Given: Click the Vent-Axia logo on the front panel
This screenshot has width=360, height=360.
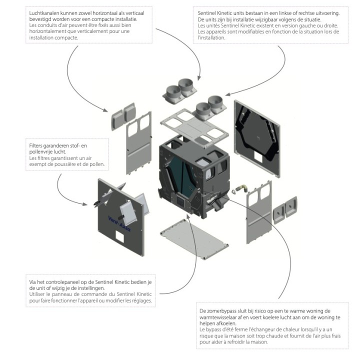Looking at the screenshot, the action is [x=119, y=223].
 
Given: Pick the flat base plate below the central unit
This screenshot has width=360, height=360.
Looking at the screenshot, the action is [x=194, y=239].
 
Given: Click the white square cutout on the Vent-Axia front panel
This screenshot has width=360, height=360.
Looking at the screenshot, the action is [x=119, y=236].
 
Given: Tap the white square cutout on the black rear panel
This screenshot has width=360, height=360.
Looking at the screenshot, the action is [x=258, y=158].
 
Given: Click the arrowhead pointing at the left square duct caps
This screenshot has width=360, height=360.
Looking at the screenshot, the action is [x=105, y=110].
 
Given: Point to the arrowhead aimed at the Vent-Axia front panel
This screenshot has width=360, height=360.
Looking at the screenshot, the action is [x=84, y=204].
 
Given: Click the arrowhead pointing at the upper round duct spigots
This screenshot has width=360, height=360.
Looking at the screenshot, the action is [x=199, y=78].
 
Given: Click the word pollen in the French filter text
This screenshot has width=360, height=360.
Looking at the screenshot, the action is [x=97, y=164].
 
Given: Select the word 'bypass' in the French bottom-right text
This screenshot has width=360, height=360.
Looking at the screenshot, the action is [x=212, y=330].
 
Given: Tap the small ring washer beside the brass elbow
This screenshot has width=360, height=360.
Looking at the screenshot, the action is [x=234, y=191].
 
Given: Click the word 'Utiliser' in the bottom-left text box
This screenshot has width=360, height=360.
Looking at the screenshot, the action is [x=37, y=294].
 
